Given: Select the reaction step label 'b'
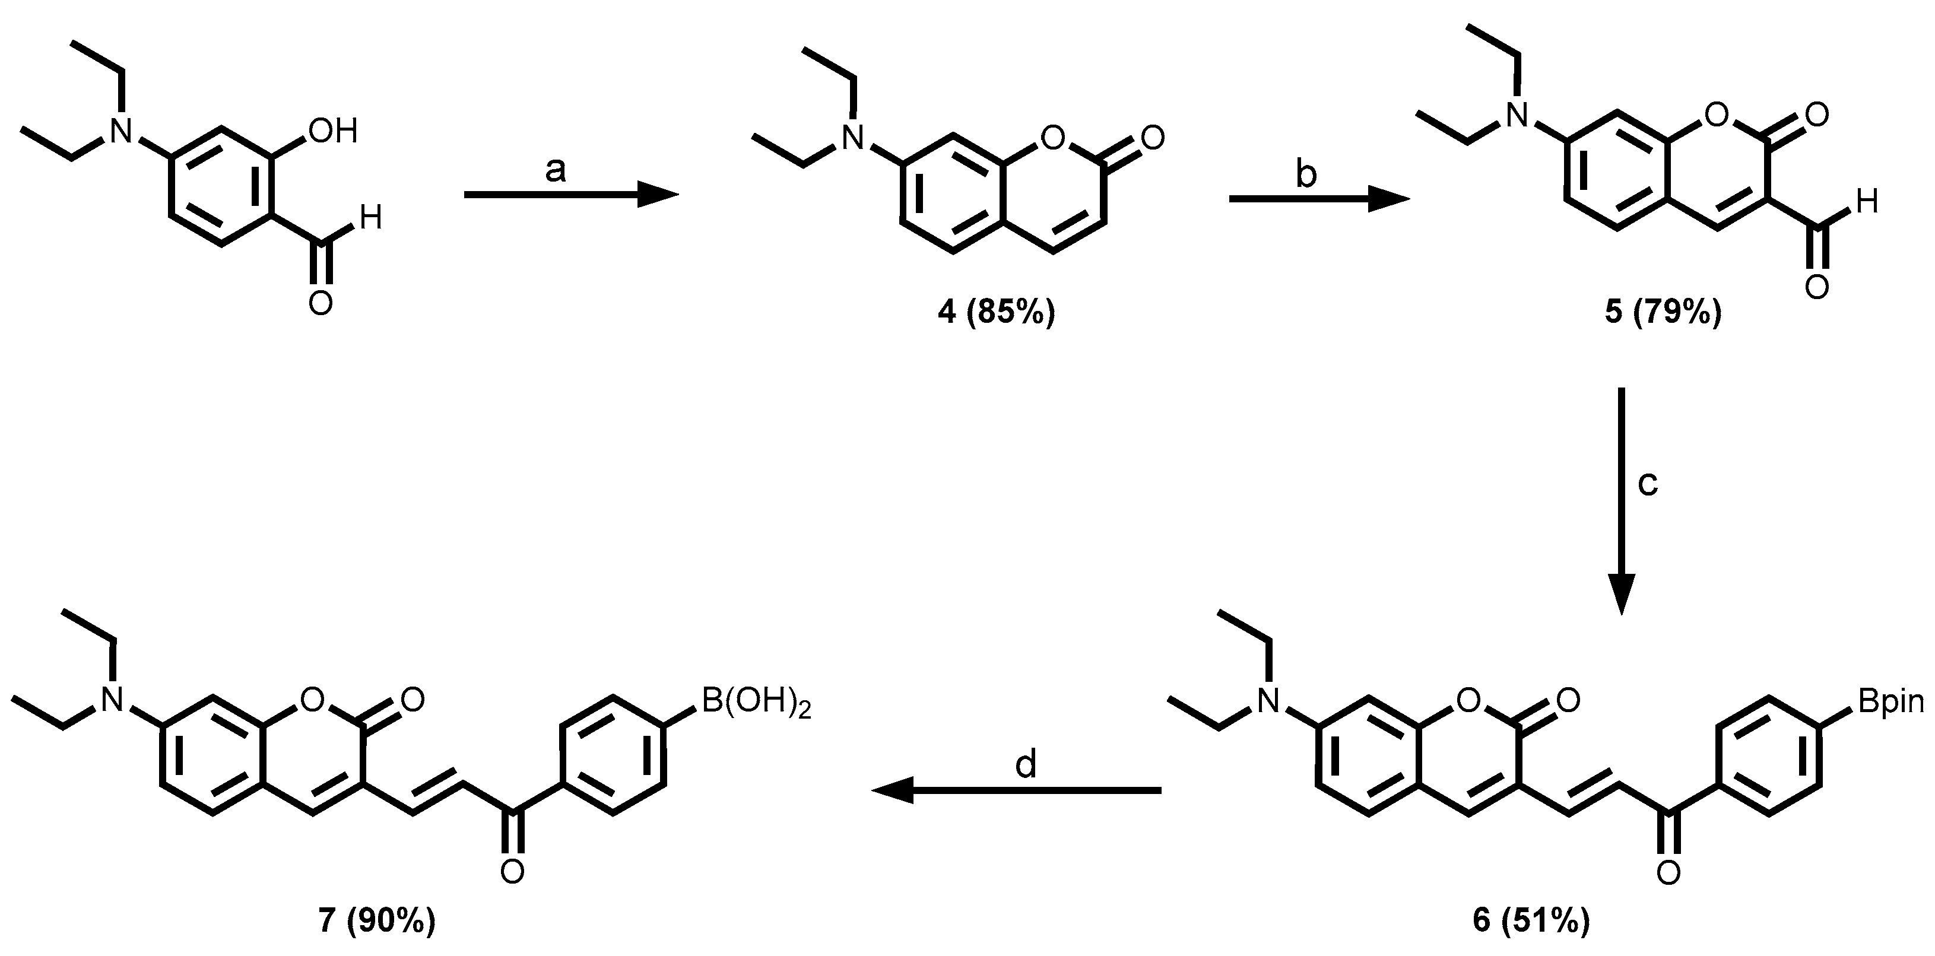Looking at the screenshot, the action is [x=1306, y=174].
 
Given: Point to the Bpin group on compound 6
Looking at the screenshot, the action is [x=1890, y=701].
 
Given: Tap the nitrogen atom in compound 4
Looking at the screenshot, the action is [x=852, y=138].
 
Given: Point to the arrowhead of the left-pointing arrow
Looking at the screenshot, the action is [x=894, y=790].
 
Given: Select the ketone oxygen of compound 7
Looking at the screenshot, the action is [x=512, y=873].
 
